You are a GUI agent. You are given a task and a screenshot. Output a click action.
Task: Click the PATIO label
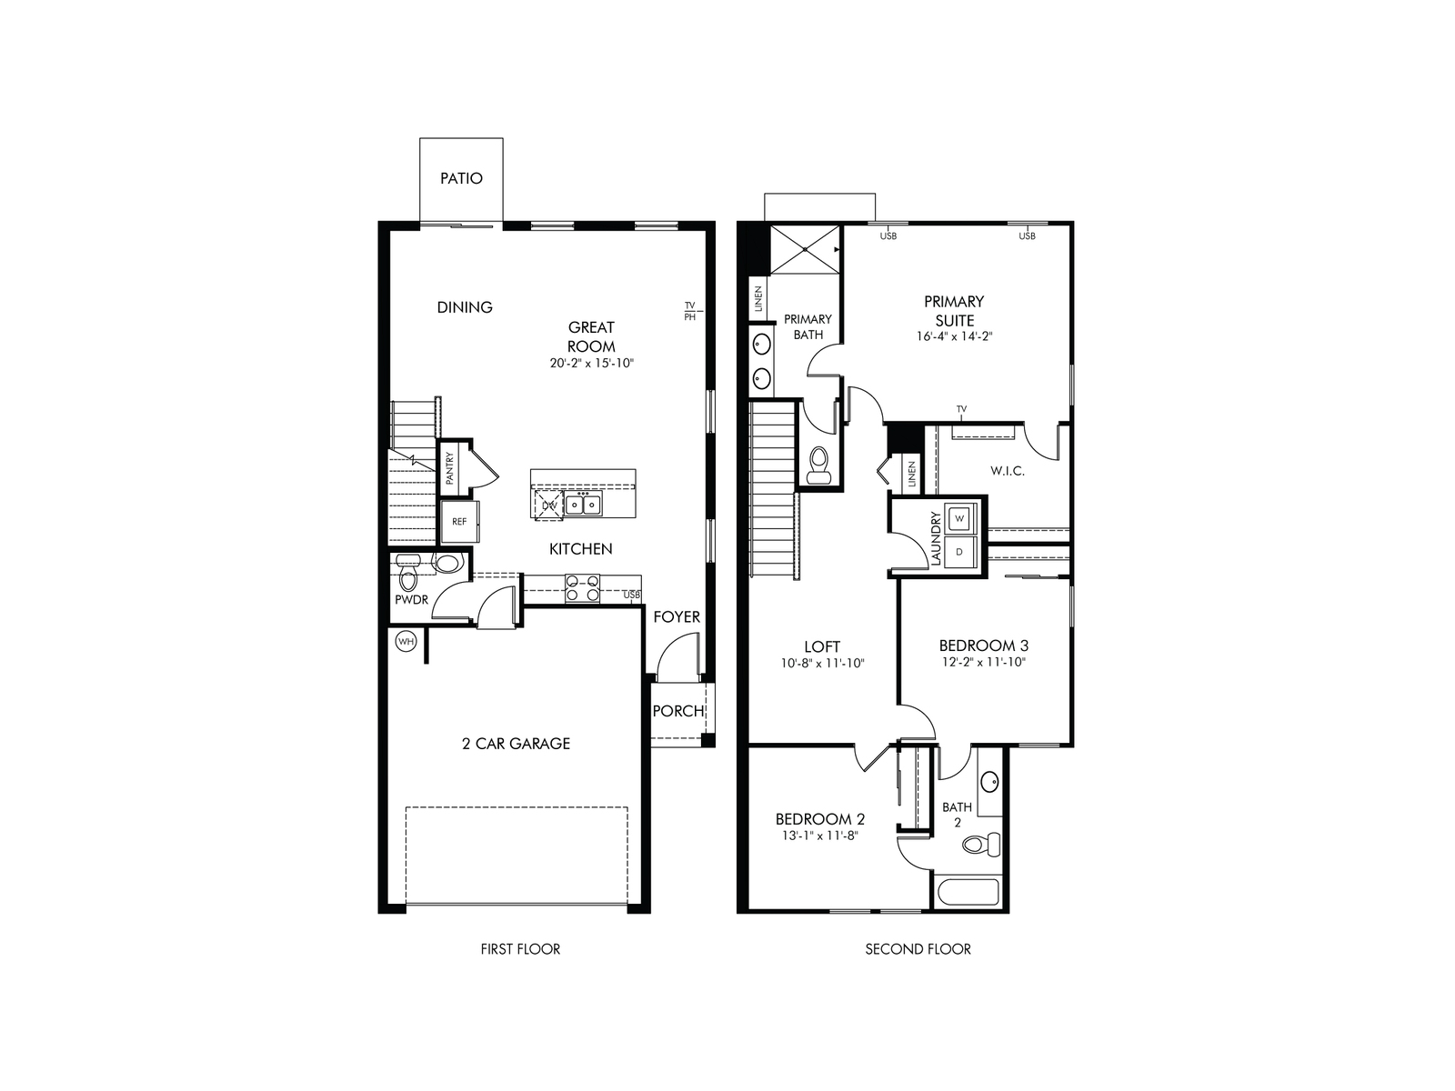click(x=461, y=178)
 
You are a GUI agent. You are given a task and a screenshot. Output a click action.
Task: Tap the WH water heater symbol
click(x=406, y=642)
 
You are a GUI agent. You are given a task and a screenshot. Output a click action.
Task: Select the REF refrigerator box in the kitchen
click(x=459, y=522)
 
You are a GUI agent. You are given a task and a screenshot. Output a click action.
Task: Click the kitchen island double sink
click(x=583, y=503)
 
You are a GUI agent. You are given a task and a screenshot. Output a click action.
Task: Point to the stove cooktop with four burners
click(x=582, y=588)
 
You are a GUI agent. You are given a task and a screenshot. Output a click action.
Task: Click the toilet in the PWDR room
click(x=407, y=576)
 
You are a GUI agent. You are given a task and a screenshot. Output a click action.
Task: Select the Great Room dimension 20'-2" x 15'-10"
click(x=591, y=363)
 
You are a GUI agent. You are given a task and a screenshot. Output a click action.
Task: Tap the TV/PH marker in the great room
click(x=689, y=311)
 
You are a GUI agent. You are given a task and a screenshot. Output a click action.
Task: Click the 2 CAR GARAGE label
click(x=516, y=743)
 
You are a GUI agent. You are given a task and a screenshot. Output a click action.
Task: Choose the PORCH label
click(x=677, y=711)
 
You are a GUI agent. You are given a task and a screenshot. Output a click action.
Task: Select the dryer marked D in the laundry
click(x=959, y=551)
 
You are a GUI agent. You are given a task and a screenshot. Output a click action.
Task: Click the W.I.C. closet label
click(x=1007, y=471)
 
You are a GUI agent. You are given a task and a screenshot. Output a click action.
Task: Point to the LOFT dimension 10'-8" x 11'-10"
click(x=822, y=663)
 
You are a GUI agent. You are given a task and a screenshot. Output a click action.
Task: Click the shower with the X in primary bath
click(x=804, y=249)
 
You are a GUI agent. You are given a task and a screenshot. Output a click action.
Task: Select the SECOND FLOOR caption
click(x=918, y=949)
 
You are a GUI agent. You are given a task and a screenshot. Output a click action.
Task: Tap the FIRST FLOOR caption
click(x=520, y=949)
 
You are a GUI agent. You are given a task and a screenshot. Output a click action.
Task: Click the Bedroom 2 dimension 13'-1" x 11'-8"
click(x=819, y=835)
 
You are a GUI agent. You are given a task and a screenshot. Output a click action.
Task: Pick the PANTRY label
click(x=450, y=468)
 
